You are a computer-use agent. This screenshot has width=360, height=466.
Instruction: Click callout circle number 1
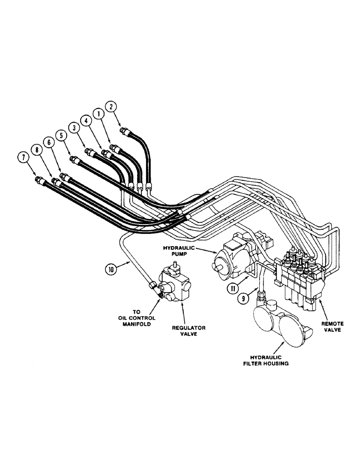(98, 113)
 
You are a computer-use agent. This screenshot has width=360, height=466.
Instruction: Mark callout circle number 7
(21, 157)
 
